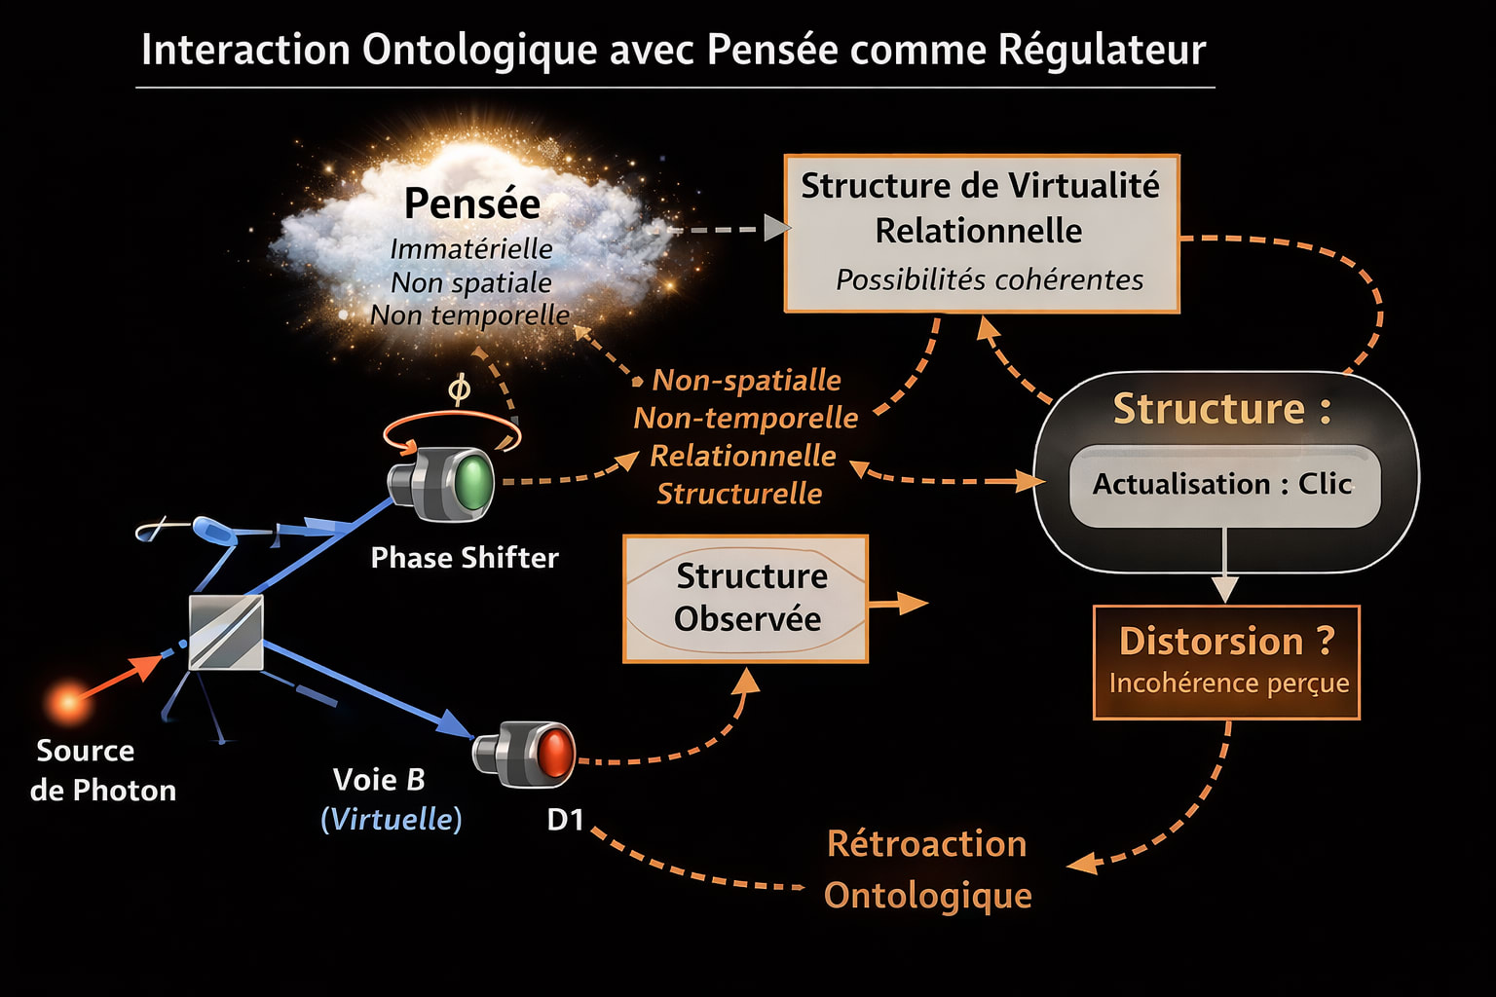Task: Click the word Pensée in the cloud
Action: tap(472, 203)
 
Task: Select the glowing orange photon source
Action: tap(68, 700)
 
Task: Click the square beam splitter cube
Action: tap(226, 633)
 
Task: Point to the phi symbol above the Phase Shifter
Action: tap(459, 389)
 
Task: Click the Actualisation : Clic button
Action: tap(1223, 484)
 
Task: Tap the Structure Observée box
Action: tap(745, 598)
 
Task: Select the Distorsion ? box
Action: tap(1226, 661)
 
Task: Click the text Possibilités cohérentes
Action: tap(990, 280)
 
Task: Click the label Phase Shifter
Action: tap(465, 558)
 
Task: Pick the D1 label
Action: tap(565, 820)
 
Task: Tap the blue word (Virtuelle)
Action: tap(392, 819)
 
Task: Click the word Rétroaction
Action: tap(926, 844)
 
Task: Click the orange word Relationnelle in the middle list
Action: tap(743, 456)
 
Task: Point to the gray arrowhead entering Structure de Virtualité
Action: tap(776, 229)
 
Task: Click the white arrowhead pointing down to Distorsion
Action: tap(1224, 588)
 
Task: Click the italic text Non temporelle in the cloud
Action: tap(469, 315)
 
